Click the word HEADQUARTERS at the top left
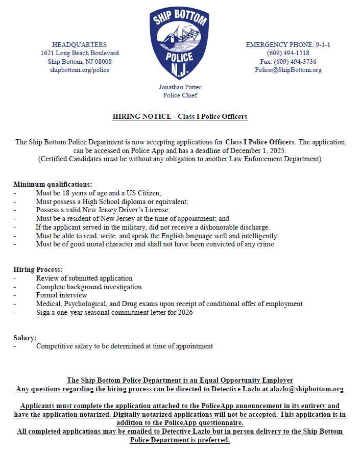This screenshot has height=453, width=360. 80,45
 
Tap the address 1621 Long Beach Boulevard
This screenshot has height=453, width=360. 80,53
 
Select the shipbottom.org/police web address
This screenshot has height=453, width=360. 80,70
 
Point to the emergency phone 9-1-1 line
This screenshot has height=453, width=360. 288,45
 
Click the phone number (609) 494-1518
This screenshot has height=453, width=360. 288,53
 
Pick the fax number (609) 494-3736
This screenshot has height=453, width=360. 288,62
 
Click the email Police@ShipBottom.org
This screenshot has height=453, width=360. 288,70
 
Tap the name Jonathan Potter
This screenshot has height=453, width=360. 180,87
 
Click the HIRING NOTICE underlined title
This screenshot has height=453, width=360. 180,117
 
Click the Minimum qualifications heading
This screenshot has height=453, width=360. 53,184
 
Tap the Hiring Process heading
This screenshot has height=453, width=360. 38,269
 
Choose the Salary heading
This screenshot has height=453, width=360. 25,338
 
